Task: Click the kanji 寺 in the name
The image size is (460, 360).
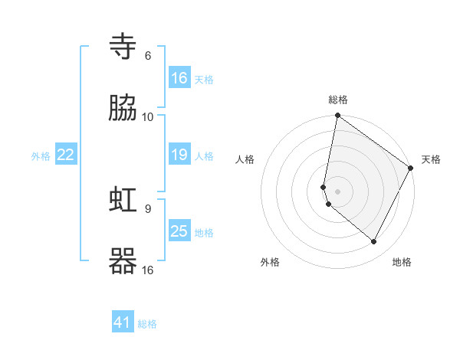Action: point(123,47)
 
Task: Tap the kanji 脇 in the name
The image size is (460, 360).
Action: point(123,108)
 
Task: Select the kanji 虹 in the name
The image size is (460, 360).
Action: point(123,201)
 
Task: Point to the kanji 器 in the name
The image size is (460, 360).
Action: point(123,261)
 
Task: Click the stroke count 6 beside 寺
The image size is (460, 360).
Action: point(148,55)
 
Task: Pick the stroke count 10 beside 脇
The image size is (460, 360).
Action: point(148,116)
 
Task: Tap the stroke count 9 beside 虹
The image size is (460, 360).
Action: point(147,208)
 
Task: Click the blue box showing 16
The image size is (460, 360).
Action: point(179,78)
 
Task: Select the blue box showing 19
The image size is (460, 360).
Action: point(179,155)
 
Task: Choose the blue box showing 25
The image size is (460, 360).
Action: point(179,231)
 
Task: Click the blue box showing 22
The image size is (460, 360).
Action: point(66,155)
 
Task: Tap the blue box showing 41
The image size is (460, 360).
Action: point(123,322)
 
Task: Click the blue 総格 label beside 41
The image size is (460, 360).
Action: point(147,324)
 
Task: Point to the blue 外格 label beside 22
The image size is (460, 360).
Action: point(41,156)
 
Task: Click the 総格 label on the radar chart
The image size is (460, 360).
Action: point(338,100)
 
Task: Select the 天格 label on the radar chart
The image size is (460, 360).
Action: point(431,159)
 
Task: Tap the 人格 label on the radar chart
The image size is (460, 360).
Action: point(245,159)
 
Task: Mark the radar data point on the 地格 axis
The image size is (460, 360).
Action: point(373,242)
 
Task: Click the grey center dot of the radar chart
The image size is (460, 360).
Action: point(338,191)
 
